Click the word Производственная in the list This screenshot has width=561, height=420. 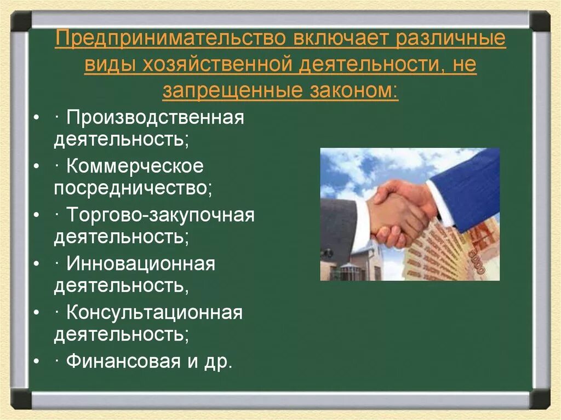tap(155, 117)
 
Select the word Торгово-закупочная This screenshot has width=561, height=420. tap(161, 215)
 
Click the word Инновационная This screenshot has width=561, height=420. tap(141, 264)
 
